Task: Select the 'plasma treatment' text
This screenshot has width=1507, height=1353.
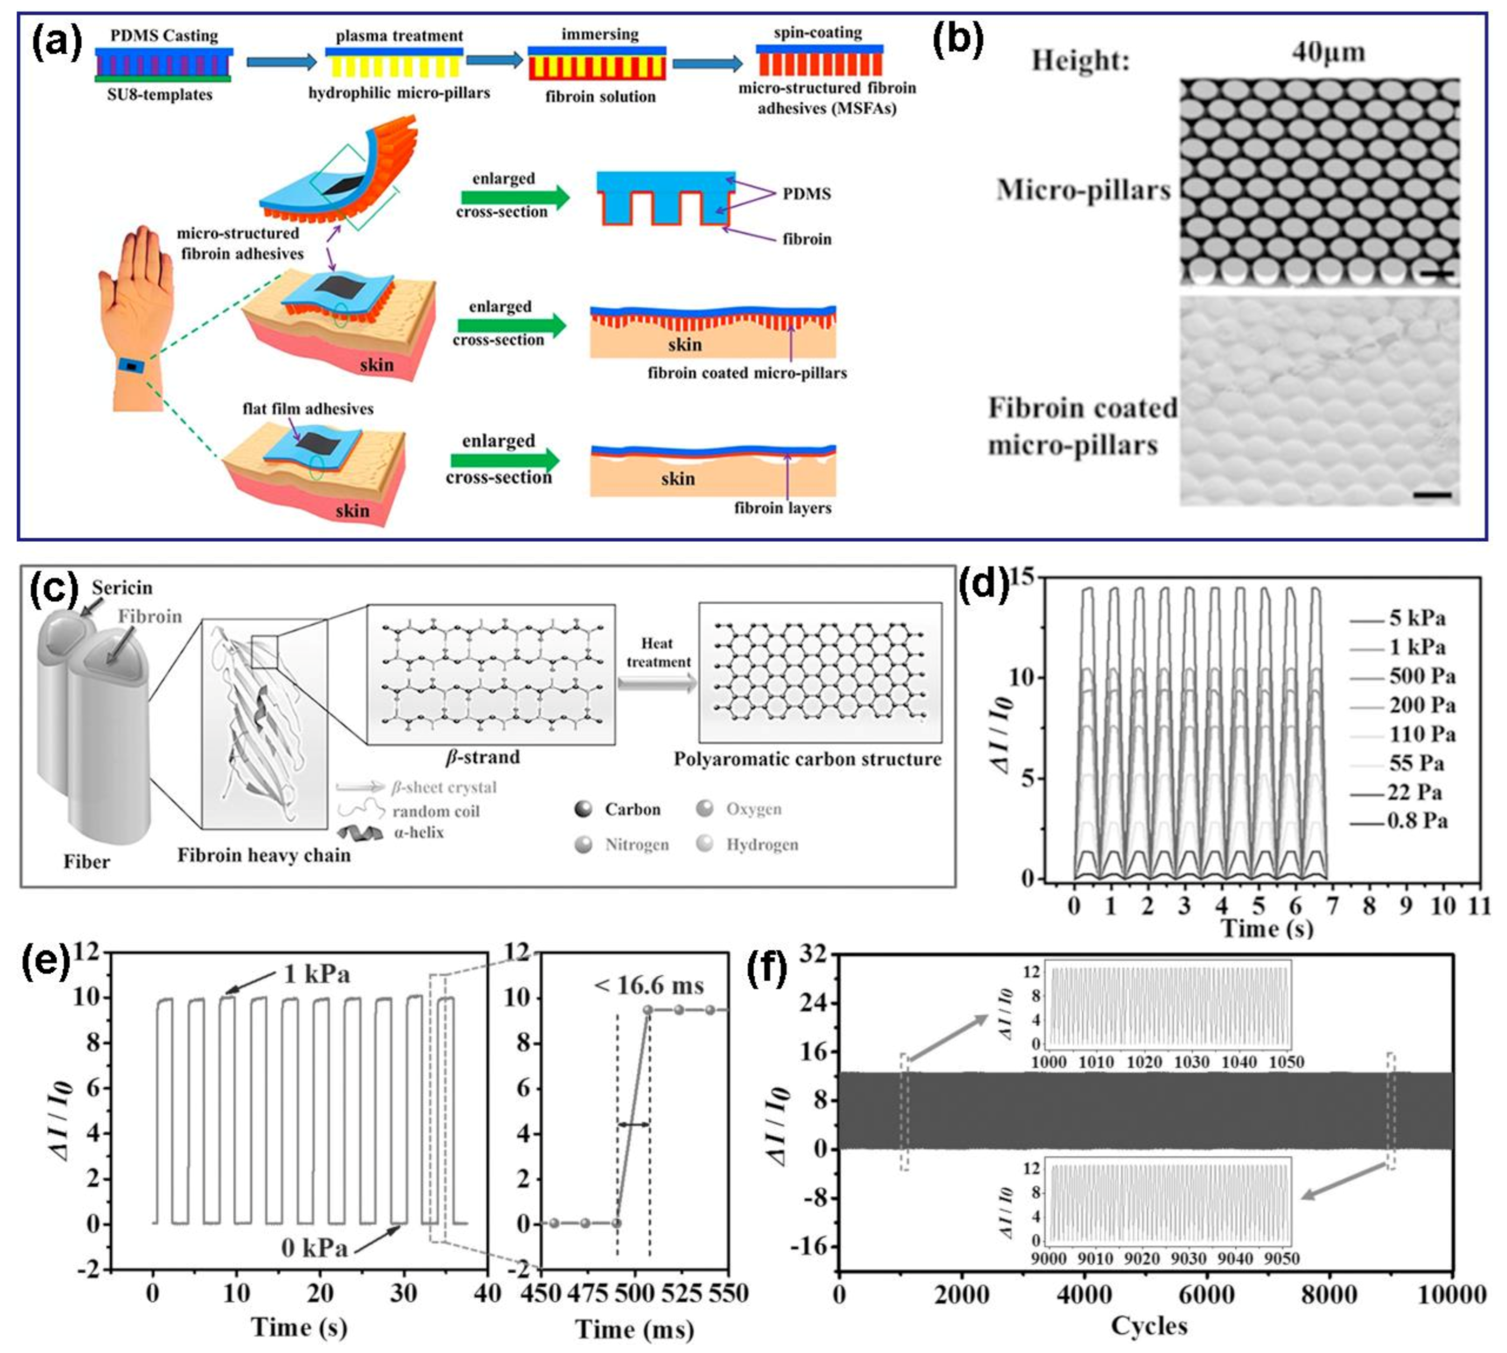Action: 399,36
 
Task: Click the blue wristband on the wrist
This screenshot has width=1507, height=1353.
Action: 131,367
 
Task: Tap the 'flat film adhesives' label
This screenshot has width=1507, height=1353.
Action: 308,408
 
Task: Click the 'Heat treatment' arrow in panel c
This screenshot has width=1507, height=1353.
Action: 658,684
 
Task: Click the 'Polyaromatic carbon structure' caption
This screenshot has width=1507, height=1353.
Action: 807,759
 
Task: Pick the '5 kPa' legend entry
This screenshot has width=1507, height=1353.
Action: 1416,618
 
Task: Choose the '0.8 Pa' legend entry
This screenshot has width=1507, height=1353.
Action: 1416,822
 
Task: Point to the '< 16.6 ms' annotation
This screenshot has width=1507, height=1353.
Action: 648,986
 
